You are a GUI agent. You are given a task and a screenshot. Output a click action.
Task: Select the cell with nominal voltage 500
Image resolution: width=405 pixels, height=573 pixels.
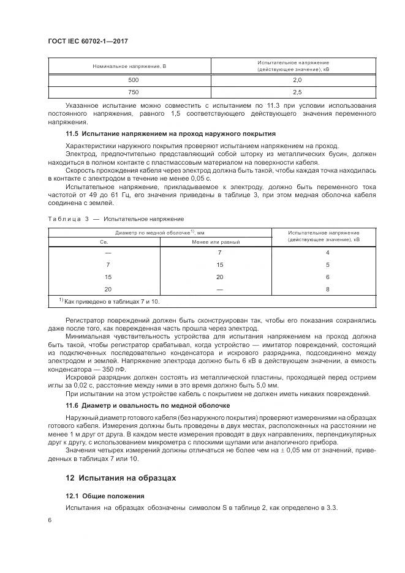click(133, 80)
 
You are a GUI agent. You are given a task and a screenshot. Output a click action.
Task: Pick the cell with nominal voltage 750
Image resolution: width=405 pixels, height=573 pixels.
click(133, 92)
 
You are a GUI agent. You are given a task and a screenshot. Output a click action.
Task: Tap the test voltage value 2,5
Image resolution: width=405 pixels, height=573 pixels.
click(297, 92)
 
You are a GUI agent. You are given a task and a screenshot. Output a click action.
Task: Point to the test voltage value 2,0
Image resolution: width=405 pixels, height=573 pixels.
click(297, 80)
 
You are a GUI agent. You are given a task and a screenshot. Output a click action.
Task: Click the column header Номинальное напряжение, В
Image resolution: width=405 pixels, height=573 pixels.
click(129, 66)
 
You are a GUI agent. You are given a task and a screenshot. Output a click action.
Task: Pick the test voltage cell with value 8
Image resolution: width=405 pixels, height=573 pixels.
click(328, 289)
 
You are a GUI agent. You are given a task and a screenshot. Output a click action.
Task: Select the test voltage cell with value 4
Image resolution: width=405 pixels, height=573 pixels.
click(328, 253)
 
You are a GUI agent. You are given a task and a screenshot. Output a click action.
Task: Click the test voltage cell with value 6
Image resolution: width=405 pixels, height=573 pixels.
click(328, 277)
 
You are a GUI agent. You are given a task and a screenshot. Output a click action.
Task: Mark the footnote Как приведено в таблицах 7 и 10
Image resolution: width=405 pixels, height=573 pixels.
click(110, 301)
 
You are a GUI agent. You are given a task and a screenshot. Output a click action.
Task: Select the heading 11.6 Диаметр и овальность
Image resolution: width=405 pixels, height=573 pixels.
click(148, 405)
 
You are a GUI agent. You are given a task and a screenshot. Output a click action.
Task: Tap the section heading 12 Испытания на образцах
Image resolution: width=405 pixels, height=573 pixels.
click(121, 478)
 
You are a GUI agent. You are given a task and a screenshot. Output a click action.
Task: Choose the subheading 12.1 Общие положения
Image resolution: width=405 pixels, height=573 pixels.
click(104, 496)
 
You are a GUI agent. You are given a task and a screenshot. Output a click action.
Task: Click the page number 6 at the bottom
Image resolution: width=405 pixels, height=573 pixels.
click(50, 520)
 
